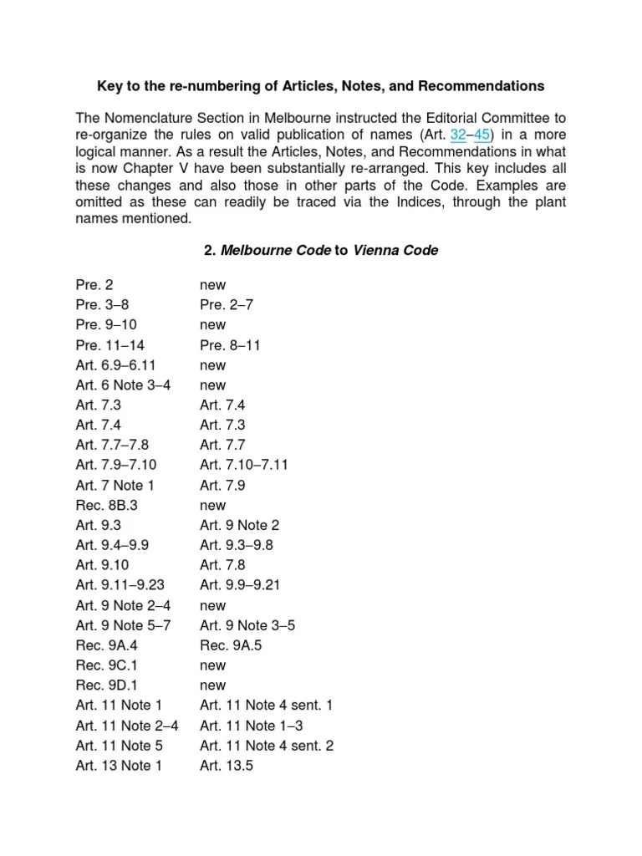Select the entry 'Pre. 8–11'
[x=227, y=345]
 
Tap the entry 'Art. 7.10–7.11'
[x=244, y=465]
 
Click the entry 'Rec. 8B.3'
[x=107, y=505]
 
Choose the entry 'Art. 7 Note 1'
[x=115, y=485]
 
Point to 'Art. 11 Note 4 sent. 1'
[x=266, y=706]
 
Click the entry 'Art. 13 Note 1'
[x=119, y=766]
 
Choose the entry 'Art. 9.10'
[x=103, y=565]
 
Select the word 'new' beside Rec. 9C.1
[x=212, y=665]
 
